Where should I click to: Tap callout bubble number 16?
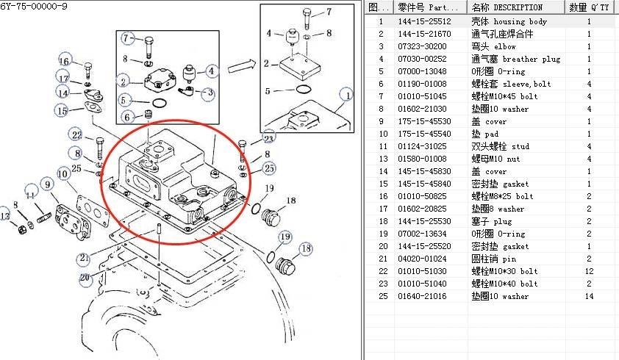point(65,61)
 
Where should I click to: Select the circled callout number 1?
point(346,94)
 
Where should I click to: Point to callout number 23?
point(268,137)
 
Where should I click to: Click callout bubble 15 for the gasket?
point(61,110)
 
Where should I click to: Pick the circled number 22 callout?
point(76,134)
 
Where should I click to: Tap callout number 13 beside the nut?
point(6,215)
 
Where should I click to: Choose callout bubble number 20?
point(85,277)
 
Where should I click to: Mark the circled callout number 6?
point(127,118)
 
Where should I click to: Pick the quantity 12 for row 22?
point(589,271)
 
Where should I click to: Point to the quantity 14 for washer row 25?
point(589,296)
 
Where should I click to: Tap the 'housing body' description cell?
point(509,22)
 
